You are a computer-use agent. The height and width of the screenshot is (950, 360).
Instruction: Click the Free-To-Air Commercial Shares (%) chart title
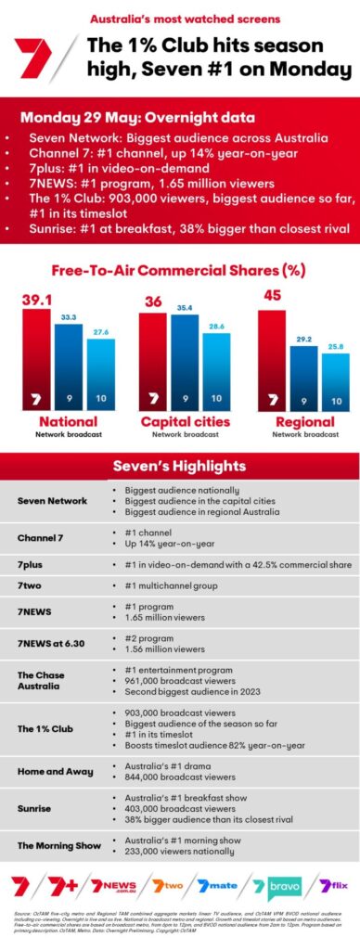click(180, 271)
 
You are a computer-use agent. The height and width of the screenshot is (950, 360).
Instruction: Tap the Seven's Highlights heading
click(180, 465)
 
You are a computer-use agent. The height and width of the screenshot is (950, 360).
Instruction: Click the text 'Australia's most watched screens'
click(175, 19)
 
